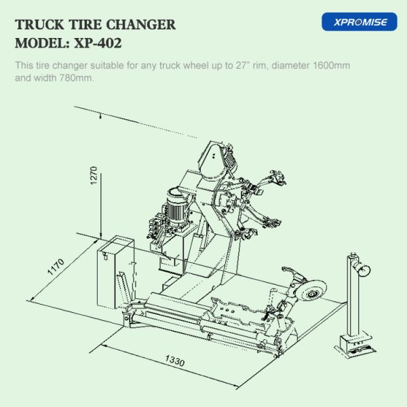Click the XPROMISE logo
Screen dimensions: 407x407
(x=359, y=22)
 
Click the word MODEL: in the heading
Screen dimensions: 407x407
(x=40, y=43)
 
